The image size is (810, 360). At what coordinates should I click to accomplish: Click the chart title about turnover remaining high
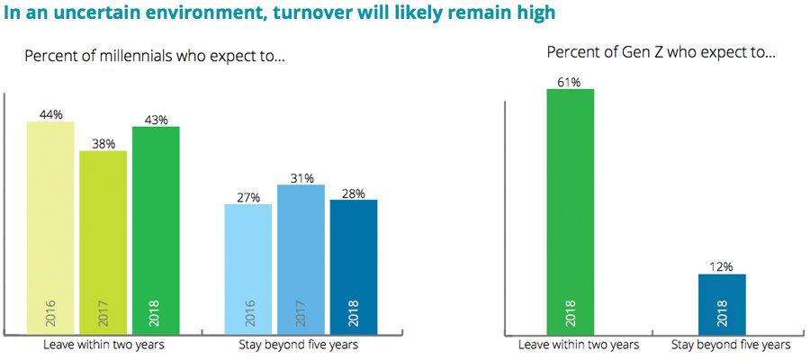(279, 13)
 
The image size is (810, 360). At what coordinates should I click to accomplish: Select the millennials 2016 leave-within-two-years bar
(50, 225)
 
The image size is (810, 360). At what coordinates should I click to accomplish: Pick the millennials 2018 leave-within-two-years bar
(156, 229)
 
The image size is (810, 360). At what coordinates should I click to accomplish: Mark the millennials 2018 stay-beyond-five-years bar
(353, 265)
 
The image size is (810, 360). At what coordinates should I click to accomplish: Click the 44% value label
(50, 114)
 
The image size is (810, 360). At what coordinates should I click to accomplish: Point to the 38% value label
(103, 143)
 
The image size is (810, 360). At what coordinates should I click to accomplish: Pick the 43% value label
(156, 120)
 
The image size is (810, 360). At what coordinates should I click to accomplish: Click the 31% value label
(301, 178)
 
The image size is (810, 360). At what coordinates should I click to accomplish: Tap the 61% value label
(570, 83)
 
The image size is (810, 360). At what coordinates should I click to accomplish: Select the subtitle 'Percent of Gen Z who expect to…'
(661, 52)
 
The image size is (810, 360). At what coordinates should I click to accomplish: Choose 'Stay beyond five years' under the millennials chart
(299, 345)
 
